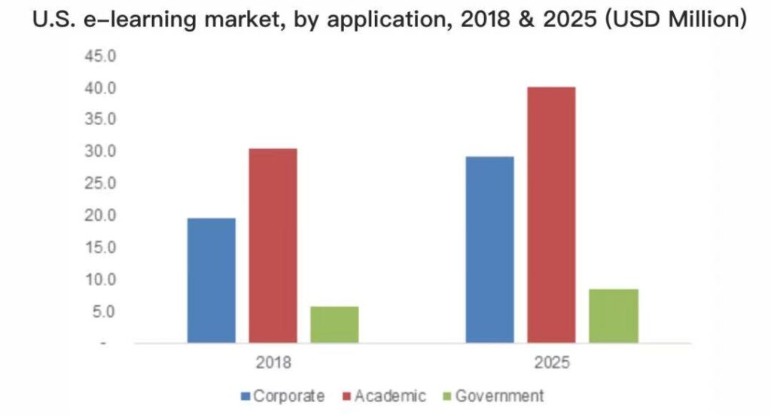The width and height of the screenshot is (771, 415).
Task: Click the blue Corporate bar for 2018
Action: (x=211, y=280)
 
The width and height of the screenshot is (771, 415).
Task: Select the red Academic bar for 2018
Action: (x=273, y=246)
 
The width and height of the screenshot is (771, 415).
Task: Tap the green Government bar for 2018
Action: (x=334, y=324)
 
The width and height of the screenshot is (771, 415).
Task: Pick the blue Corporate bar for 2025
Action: (x=490, y=249)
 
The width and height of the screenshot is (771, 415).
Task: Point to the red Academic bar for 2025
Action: (x=551, y=215)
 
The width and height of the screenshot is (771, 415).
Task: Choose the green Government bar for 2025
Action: (x=613, y=316)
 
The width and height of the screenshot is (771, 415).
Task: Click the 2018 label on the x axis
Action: (x=273, y=362)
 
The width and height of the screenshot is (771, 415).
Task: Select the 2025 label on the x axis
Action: (x=553, y=362)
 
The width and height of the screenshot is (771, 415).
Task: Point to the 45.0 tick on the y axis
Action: (x=100, y=56)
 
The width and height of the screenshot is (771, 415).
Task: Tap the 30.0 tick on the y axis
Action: (x=100, y=151)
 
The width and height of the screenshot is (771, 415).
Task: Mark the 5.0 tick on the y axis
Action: (x=104, y=312)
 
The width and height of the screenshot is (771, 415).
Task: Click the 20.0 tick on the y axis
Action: (x=100, y=215)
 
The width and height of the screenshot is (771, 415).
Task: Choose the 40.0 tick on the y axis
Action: (x=100, y=88)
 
